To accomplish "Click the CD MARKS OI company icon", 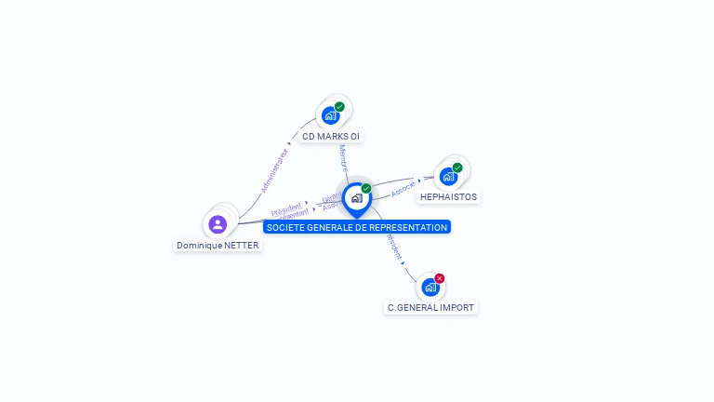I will (x=329, y=116).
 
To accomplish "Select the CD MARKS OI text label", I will (x=331, y=137).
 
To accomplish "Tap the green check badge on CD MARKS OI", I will (x=339, y=107).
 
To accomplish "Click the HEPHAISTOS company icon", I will (x=448, y=177).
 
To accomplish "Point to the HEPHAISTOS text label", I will (x=449, y=197).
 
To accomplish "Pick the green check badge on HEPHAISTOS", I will (x=457, y=167).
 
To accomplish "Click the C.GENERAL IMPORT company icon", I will (x=430, y=287).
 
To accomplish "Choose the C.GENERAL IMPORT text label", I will (x=430, y=307).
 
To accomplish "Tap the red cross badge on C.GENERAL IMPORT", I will (x=440, y=278).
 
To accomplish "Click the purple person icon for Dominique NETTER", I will (x=218, y=224).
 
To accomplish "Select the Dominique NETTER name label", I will (x=218, y=246).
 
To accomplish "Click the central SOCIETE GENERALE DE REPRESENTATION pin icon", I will (x=356, y=198).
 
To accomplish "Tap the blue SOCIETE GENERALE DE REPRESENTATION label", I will (x=357, y=227).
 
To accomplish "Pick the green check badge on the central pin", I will (x=366, y=189).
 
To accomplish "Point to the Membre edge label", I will (x=343, y=157).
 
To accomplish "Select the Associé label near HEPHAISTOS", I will (x=403, y=188).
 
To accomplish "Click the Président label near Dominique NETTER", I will (x=286, y=207).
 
